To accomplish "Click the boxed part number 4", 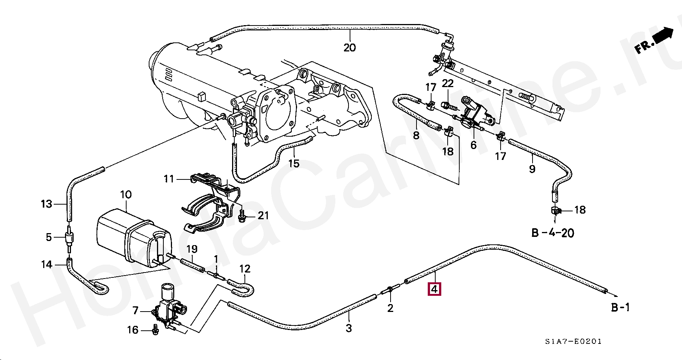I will pyautogui.click(x=434, y=289).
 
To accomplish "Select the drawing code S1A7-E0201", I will pyautogui.click(x=573, y=341).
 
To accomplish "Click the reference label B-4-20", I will pyautogui.click(x=553, y=233).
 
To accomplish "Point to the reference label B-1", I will pyautogui.click(x=620, y=307).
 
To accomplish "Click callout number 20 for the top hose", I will pyautogui.click(x=349, y=48).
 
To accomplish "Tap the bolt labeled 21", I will pyautogui.click(x=242, y=215).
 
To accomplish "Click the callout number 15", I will pyautogui.click(x=294, y=163).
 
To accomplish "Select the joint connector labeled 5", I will pyautogui.click(x=69, y=237).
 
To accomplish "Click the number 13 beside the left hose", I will pyautogui.click(x=46, y=204).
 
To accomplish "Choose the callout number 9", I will pyautogui.click(x=532, y=169).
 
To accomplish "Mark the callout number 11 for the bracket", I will pyautogui.click(x=169, y=179).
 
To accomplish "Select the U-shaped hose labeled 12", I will pyautogui.click(x=242, y=287).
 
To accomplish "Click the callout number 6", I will pyautogui.click(x=473, y=145).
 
